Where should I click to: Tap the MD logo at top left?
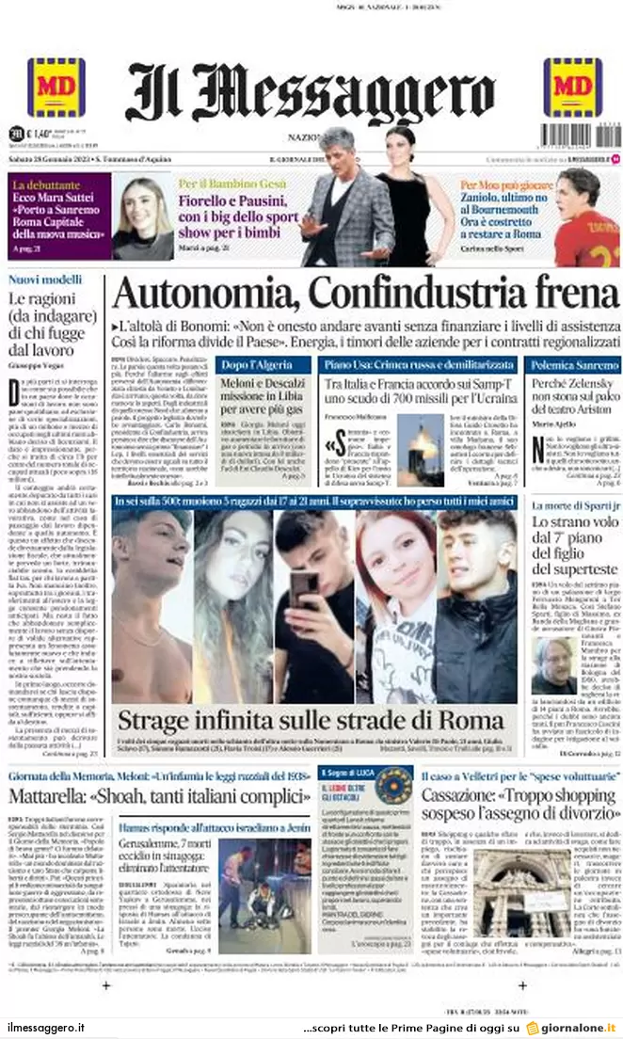coord(56,87)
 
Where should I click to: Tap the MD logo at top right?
coord(572,87)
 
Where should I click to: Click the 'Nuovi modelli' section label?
coord(45,280)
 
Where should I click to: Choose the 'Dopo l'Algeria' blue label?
coord(249,363)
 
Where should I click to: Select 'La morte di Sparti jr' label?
coord(572,505)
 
